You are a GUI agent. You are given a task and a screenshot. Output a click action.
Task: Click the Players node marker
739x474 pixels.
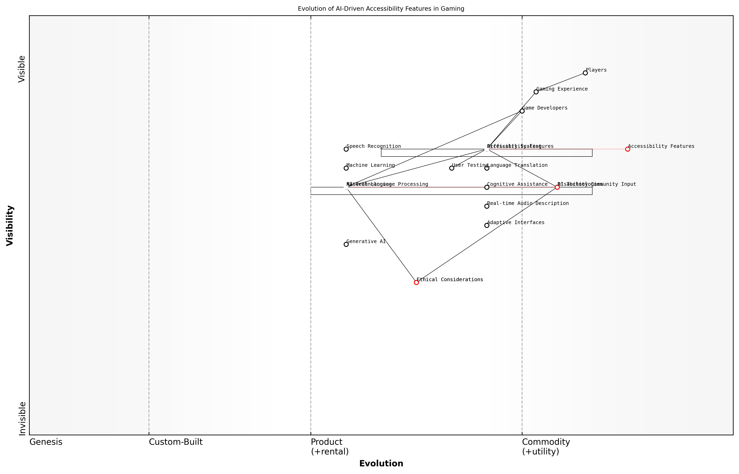point(585,73)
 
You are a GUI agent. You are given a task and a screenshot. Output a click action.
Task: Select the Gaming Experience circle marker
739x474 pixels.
point(536,92)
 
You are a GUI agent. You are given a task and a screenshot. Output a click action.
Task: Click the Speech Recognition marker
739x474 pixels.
point(346,149)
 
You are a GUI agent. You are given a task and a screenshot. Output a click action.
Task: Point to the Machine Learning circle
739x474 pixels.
point(346,168)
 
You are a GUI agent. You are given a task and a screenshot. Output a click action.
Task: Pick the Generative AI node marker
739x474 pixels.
point(346,244)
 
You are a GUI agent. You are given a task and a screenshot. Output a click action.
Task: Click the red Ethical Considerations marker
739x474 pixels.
point(416,283)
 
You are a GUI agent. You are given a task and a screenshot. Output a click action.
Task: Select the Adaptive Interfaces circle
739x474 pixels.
point(487,225)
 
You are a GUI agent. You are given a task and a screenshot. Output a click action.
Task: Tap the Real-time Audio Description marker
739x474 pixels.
point(487,206)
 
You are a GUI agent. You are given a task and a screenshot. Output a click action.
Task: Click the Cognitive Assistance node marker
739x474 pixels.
point(487,187)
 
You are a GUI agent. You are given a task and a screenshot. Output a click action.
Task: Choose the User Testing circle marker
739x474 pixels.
point(452,168)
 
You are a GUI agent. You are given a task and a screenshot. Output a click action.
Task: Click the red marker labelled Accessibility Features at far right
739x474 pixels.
point(628,149)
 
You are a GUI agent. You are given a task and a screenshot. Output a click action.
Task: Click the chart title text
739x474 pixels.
point(381,9)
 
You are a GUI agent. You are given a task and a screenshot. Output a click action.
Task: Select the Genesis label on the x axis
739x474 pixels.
point(46,442)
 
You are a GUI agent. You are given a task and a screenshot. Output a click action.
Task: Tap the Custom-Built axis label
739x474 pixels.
point(176,442)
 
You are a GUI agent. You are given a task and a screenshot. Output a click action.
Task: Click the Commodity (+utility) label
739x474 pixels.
point(546,447)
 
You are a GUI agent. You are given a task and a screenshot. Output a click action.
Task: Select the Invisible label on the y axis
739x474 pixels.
point(22,418)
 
